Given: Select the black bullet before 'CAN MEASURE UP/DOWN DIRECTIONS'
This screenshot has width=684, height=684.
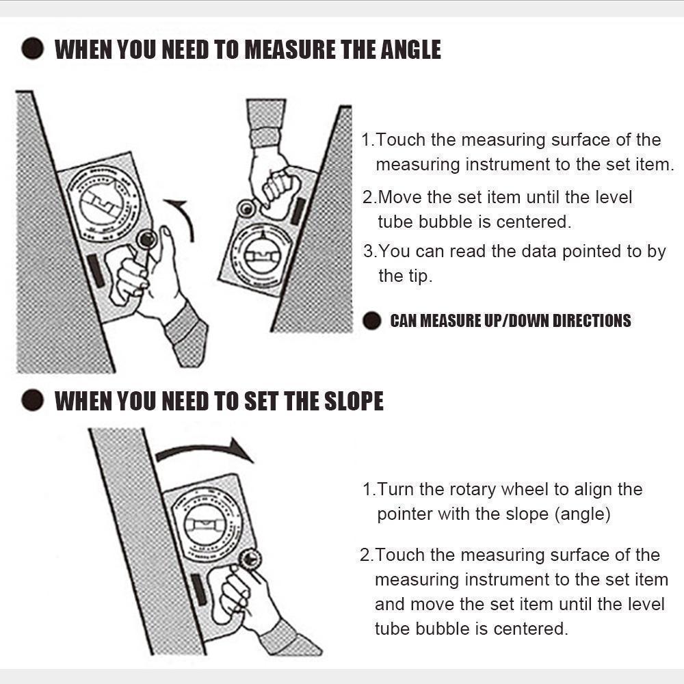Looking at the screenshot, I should (x=371, y=321).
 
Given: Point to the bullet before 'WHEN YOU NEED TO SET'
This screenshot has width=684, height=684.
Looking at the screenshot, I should (x=31, y=402).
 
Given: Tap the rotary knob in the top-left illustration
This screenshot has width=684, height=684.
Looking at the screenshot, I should (x=146, y=239).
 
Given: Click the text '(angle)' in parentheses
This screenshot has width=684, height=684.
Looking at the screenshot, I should (x=583, y=514).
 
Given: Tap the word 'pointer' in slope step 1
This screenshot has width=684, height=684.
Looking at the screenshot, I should (x=405, y=514).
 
